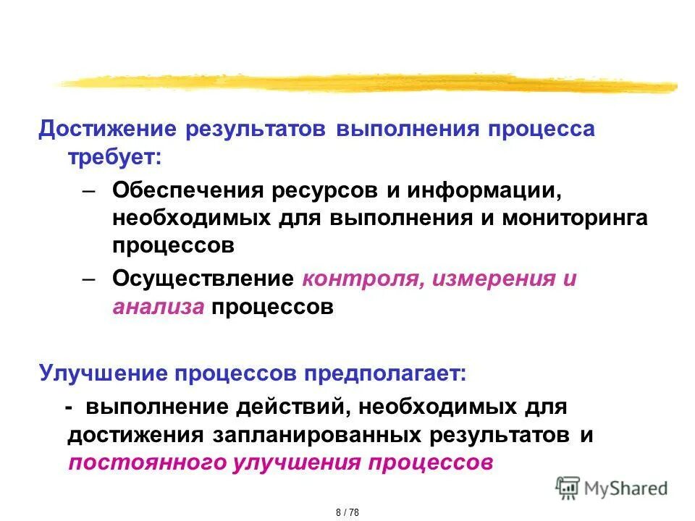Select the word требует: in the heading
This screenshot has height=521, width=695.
115,157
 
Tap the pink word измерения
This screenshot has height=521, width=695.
492,279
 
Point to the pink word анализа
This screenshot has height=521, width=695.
158,306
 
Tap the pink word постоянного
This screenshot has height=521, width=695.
145,462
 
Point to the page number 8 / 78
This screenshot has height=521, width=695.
347,512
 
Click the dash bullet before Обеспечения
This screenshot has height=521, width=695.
88,192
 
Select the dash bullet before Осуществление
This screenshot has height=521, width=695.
88,280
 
